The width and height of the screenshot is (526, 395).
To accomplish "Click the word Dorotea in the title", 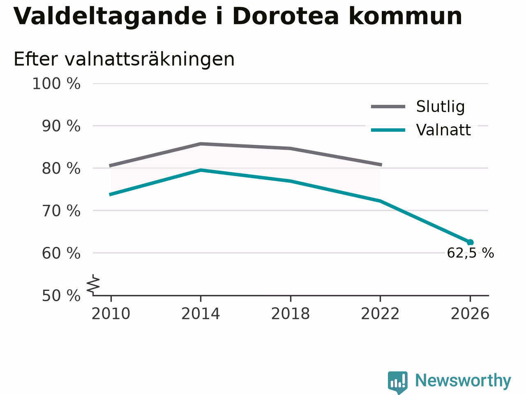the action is pyautogui.click(x=286, y=16).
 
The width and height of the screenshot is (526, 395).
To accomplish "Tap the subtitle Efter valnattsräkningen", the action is pyautogui.click(x=124, y=59).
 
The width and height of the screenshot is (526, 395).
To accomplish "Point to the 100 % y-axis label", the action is pyautogui.click(x=56, y=84).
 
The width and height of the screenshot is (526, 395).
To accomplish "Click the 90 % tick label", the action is pyautogui.click(x=61, y=126).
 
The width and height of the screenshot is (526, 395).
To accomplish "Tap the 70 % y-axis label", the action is pyautogui.click(x=61, y=211).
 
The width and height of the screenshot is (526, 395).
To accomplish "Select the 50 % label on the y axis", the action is pyautogui.click(x=61, y=296).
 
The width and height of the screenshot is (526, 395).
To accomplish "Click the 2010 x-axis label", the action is pyautogui.click(x=111, y=314).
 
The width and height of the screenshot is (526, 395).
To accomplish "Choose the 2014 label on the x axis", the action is pyautogui.click(x=201, y=314).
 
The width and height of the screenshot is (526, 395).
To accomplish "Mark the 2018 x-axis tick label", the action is pyautogui.click(x=291, y=314).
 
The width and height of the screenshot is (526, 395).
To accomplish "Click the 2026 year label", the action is pyautogui.click(x=470, y=314).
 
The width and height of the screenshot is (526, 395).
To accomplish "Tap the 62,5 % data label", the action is pyautogui.click(x=471, y=253).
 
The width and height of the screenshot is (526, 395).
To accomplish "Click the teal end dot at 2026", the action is pyautogui.click(x=470, y=242).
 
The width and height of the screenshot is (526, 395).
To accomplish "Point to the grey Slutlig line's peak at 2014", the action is pyautogui.click(x=201, y=144).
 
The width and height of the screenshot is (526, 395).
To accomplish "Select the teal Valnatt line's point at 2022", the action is pyautogui.click(x=380, y=201).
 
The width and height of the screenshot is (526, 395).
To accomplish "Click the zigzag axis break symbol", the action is pyautogui.click(x=93, y=285).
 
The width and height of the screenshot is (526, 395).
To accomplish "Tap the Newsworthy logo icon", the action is pyautogui.click(x=397, y=382).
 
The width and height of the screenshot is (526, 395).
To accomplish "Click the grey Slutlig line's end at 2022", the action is pyautogui.click(x=381, y=165).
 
